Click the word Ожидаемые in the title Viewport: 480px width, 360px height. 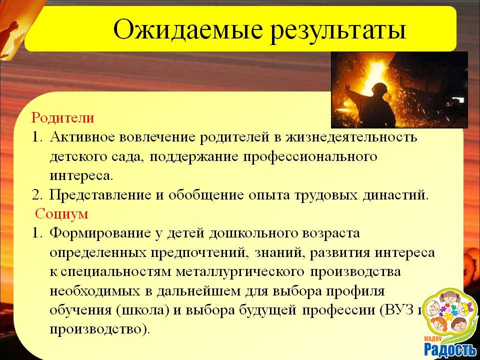[188, 30]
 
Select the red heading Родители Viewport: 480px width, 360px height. [62, 118]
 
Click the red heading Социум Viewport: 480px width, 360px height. [61, 213]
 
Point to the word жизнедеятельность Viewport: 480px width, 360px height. [351, 137]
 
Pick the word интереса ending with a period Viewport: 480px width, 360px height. [81, 175]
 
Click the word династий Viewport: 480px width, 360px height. [395, 194]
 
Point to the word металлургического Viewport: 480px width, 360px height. [240, 272]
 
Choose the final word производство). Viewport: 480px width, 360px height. [100, 329]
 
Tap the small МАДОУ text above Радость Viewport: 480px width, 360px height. [433, 338]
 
